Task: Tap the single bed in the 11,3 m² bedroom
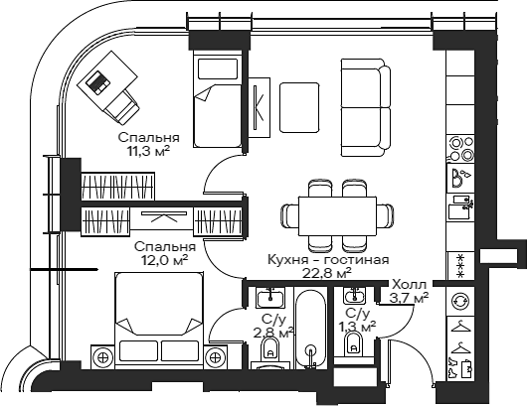(218, 103)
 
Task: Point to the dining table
(329, 214)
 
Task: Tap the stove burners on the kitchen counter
(461, 149)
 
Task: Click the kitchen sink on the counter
(461, 179)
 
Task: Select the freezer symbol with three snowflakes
(461, 263)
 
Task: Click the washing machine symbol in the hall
(460, 301)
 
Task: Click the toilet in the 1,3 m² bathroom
(352, 343)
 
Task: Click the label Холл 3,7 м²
(410, 290)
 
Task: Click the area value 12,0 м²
(165, 261)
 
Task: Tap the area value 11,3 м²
(148, 151)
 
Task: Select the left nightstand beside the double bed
(102, 356)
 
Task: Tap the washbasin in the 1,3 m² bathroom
(352, 295)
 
